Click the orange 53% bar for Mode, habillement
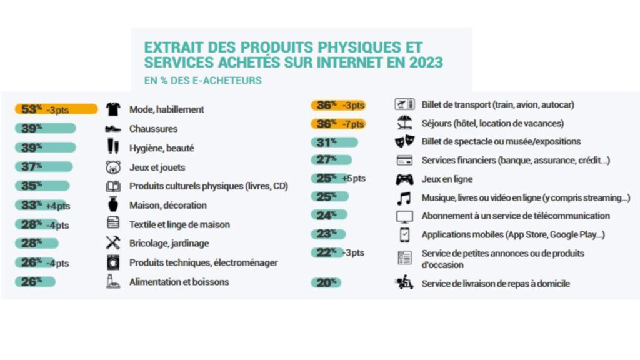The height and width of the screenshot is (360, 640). (x=56, y=109)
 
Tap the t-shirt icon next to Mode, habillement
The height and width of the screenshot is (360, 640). (x=112, y=109)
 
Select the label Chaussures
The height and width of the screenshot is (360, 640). (x=153, y=129)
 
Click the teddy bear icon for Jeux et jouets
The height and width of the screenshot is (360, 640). (x=112, y=167)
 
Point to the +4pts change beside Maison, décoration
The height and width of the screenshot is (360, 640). (x=57, y=206)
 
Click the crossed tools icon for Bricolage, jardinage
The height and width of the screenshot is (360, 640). (x=112, y=244)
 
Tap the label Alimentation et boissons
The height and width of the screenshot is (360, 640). (x=179, y=282)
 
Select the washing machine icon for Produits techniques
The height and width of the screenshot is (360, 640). (x=112, y=262)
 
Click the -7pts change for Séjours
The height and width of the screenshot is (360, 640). (x=352, y=124)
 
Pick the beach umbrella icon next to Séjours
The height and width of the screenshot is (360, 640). (x=404, y=123)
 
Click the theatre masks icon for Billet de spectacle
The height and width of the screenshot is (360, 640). (x=404, y=142)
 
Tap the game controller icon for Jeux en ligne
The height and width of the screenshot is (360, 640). (x=404, y=179)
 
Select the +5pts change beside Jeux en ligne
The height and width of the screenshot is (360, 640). (x=354, y=179)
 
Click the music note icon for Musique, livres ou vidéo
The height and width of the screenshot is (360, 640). (x=404, y=198)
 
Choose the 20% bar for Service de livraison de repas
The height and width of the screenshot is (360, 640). (x=326, y=283)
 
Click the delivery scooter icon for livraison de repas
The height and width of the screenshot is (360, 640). (x=404, y=283)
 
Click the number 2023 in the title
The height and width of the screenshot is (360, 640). (x=421, y=62)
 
